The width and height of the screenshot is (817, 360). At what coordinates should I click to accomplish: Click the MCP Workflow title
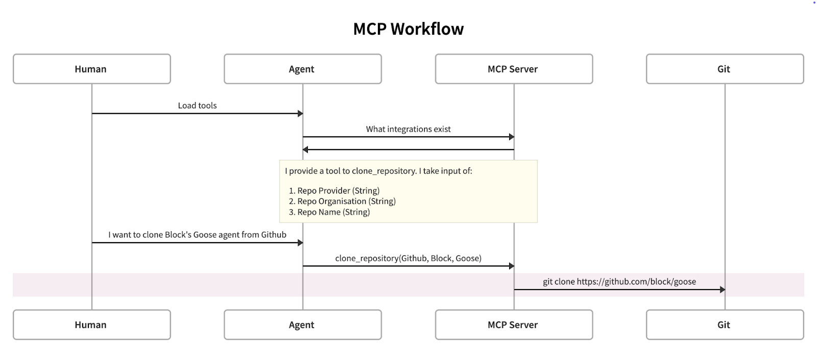[408, 29]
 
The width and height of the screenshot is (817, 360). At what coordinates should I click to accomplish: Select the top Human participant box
[91, 69]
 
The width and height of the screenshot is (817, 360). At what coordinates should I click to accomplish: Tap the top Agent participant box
[302, 69]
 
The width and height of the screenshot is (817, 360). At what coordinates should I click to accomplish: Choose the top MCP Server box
[513, 69]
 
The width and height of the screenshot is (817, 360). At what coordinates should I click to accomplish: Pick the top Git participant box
[724, 69]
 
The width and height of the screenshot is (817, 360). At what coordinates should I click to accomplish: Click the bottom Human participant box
[91, 325]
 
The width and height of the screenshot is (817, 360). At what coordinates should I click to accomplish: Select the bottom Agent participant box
[302, 325]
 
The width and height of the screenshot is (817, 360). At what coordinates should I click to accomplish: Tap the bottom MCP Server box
[513, 325]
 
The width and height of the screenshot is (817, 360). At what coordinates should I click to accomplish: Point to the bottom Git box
[724, 325]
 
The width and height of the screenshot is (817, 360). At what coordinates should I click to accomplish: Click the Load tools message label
[197, 106]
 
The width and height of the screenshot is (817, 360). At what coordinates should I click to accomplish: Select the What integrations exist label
[408, 129]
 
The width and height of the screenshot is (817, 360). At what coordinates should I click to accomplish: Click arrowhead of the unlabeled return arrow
[305, 150]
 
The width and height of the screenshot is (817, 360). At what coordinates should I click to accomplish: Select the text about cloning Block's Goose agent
[197, 235]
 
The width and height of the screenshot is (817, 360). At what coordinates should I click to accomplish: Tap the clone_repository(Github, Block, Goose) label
[408, 258]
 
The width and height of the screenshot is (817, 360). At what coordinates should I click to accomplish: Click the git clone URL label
[619, 282]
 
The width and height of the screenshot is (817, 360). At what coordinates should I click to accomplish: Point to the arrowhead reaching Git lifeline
[722, 290]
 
